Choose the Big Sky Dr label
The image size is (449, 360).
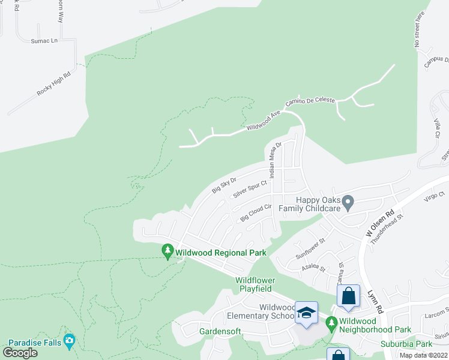224,185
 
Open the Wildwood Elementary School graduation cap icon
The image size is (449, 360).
307,313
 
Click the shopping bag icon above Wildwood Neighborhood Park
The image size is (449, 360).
348,295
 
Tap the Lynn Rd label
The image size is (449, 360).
376,301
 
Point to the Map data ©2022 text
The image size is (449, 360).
423,355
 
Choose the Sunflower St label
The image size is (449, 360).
310,248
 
